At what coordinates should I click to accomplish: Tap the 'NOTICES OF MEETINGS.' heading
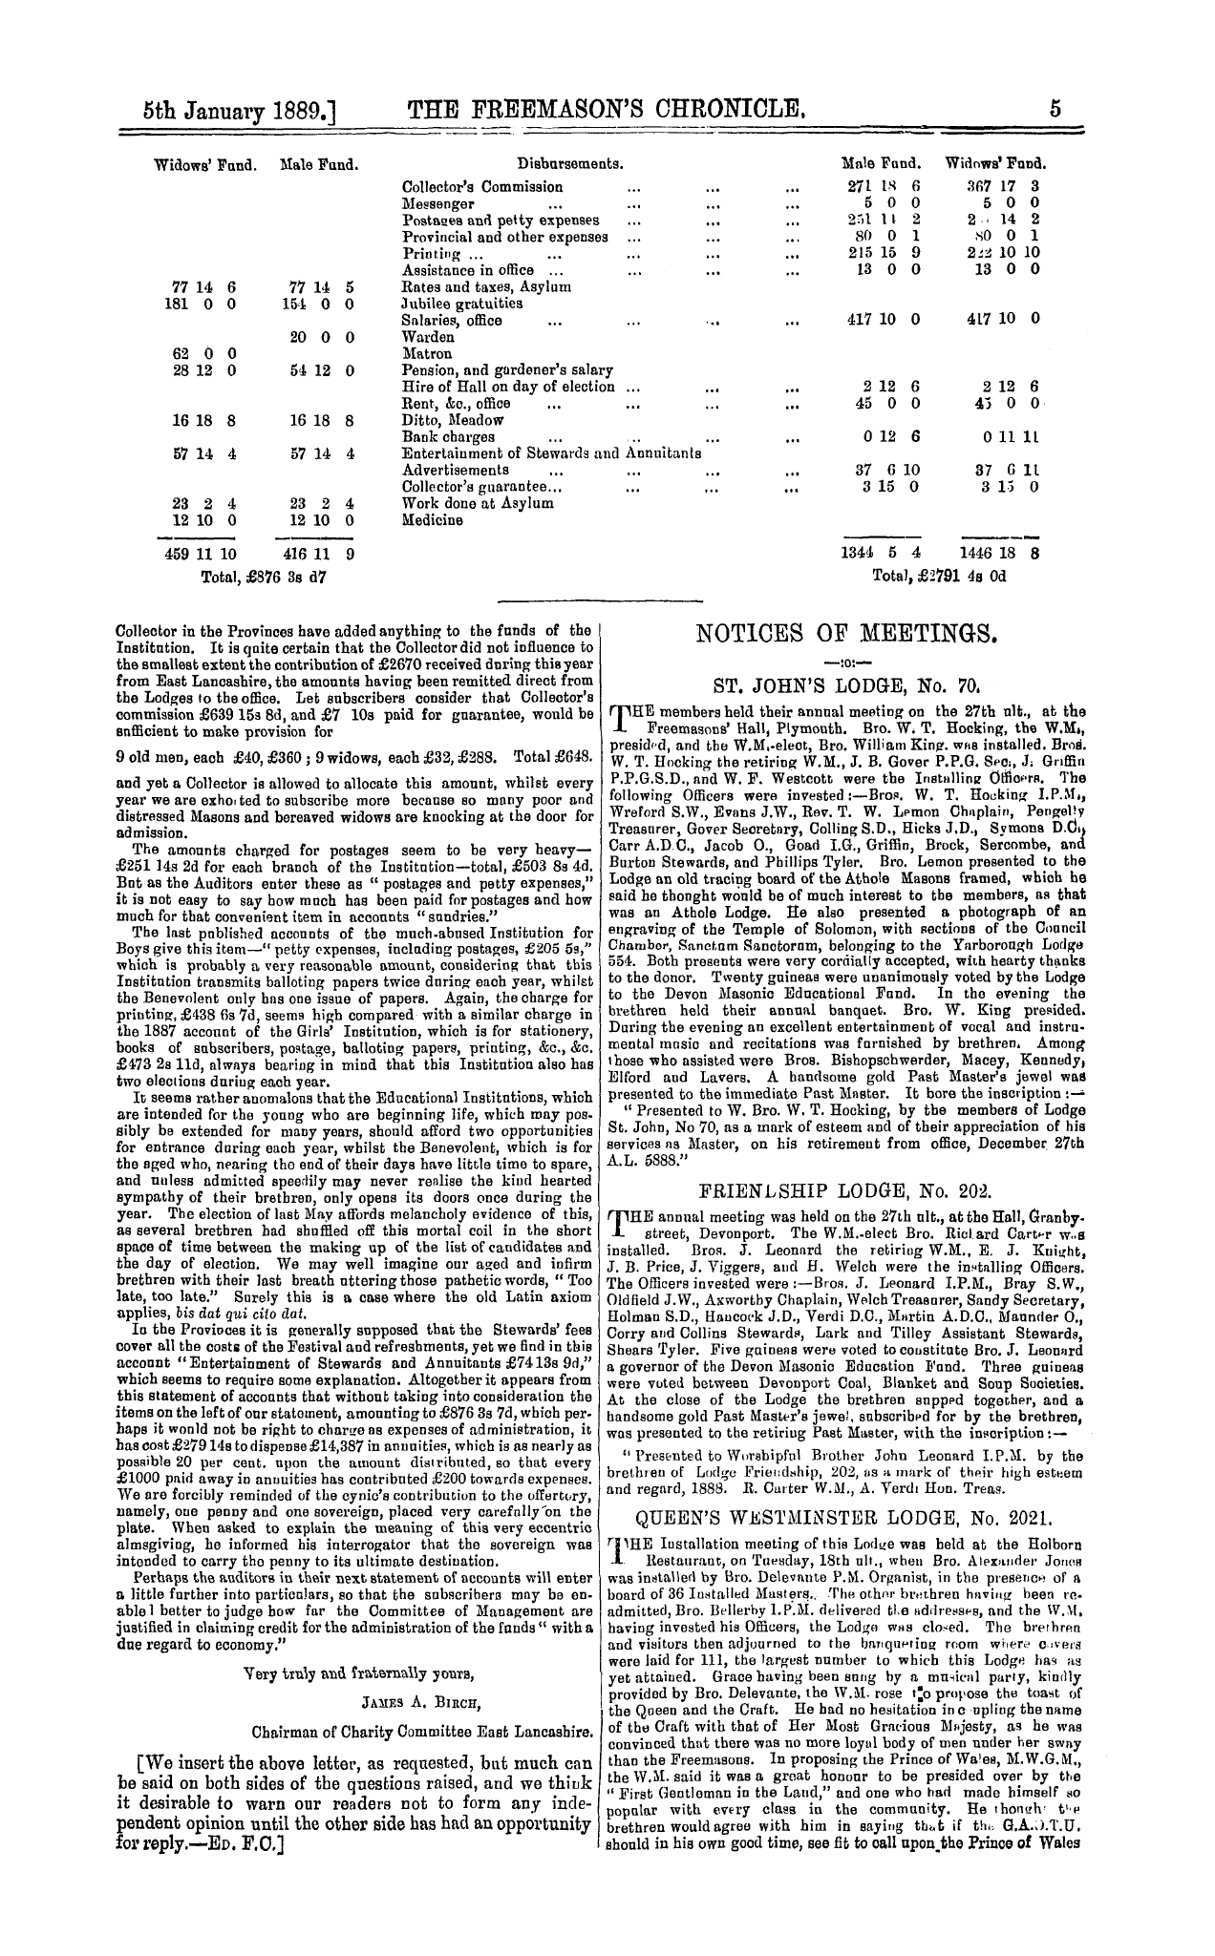pos(842,633)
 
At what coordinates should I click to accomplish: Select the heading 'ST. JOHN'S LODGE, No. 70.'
pos(842,684)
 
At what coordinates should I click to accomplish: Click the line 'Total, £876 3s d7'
pos(266,577)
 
